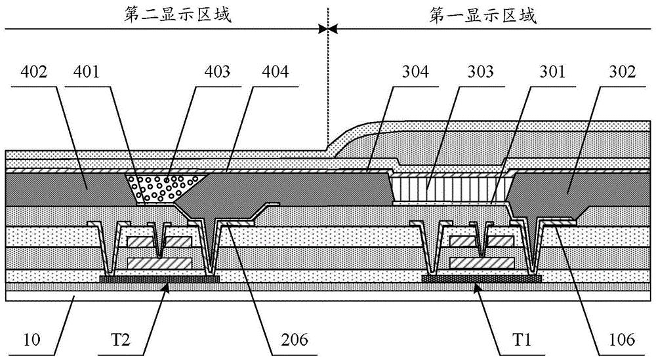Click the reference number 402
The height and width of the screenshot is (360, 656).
tap(35, 73)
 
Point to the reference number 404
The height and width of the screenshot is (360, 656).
tap(276, 73)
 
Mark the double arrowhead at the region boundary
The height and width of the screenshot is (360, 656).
tap(327, 29)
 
